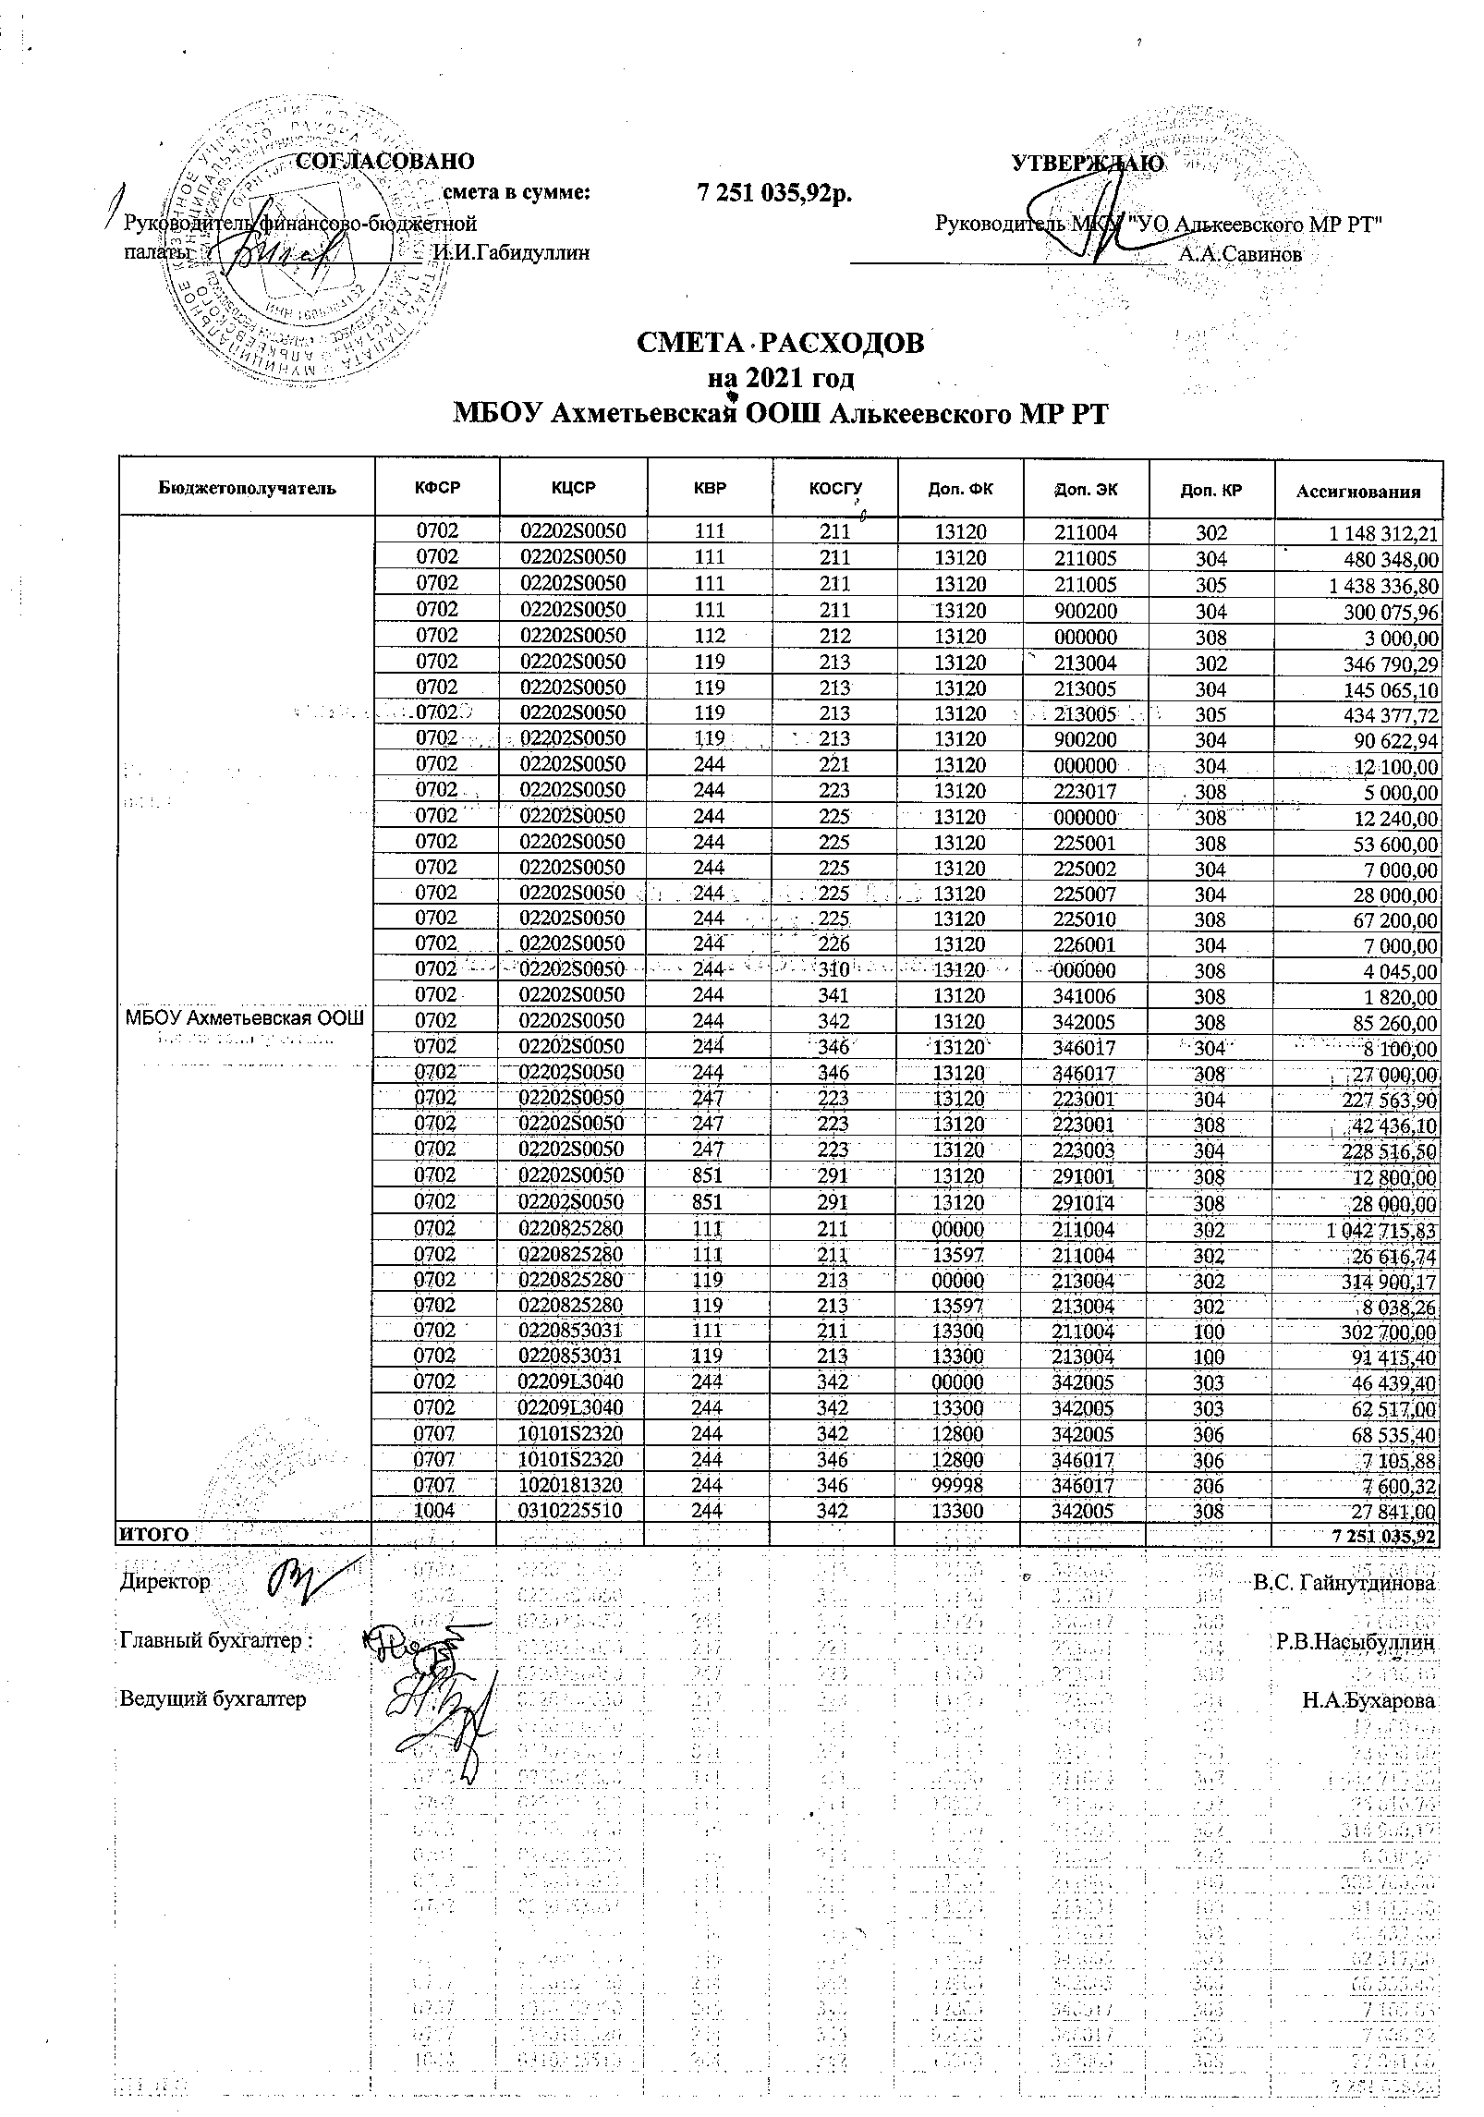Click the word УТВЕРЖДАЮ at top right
[1088, 164]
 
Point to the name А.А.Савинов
[1240, 254]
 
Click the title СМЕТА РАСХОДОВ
[781, 343]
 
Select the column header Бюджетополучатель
[247, 488]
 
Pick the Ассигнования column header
[1356, 492]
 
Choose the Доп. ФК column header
[960, 488]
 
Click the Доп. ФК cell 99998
[960, 1485]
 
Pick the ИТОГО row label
[154, 1535]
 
